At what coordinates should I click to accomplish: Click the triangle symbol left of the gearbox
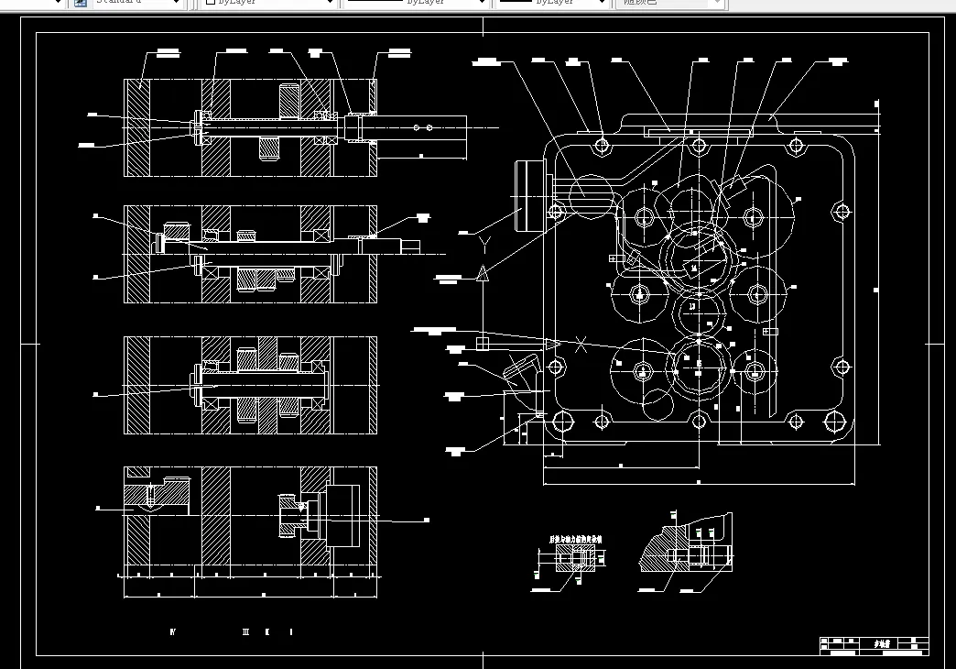[x=483, y=272]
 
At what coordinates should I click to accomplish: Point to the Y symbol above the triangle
[x=485, y=242]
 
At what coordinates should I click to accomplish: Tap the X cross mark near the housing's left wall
[x=581, y=345]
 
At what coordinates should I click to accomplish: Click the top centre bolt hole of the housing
[x=699, y=146]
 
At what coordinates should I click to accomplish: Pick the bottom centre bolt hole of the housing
[x=699, y=422]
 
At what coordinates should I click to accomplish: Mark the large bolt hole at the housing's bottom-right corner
[x=835, y=422]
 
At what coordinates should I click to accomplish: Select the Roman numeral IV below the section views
[x=172, y=632]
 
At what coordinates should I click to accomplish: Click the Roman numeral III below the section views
[x=245, y=632]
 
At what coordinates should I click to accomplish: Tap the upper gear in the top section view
[x=289, y=98]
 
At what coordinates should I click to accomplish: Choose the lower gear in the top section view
[x=270, y=148]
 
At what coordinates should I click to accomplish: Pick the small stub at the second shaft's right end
[x=411, y=246]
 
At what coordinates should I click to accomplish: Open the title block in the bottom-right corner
[x=874, y=646]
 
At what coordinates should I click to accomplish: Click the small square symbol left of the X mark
[x=483, y=343]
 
